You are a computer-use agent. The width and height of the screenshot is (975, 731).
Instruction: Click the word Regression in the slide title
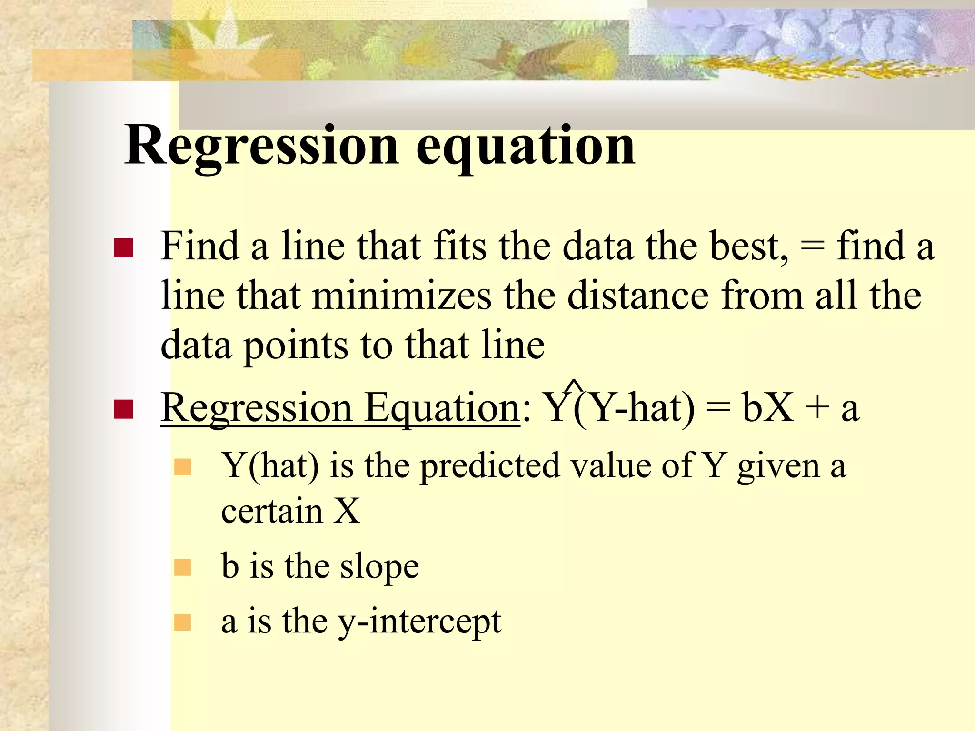coord(261,145)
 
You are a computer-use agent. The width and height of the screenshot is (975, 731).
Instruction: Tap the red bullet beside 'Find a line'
coord(123,248)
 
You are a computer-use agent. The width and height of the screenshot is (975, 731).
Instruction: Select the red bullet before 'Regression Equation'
coord(123,409)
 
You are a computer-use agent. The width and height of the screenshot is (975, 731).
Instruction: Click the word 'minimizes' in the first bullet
coord(402,296)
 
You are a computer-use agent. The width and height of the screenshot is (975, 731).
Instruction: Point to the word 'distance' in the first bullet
coord(638,296)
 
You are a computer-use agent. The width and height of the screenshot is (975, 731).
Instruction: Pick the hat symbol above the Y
coord(574,385)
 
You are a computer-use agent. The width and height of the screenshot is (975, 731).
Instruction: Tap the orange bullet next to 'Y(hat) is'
coord(182,467)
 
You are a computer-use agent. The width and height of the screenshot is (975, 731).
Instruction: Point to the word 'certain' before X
coord(272,512)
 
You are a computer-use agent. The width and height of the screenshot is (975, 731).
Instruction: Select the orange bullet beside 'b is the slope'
coord(182,567)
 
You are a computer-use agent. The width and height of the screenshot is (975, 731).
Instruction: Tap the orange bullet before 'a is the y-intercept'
coord(182,622)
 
